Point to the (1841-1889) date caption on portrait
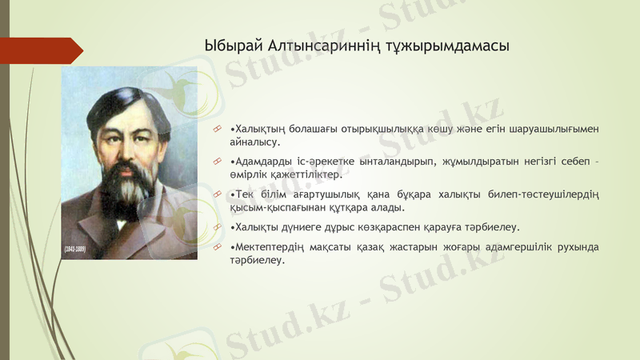(x=74, y=250)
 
